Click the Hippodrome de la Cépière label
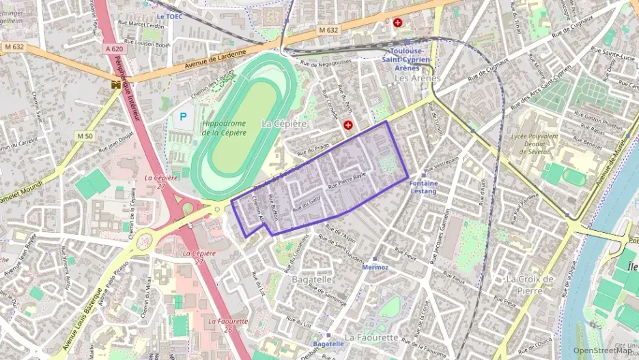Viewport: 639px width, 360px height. [x=224, y=128]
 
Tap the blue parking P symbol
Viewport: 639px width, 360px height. [x=183, y=117]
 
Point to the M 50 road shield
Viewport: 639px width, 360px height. [x=85, y=136]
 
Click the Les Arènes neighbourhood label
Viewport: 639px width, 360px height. [x=417, y=79]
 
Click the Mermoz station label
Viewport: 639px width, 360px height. [x=375, y=267]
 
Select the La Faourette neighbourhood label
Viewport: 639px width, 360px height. [x=371, y=337]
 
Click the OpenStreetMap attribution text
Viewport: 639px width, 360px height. [x=601, y=350]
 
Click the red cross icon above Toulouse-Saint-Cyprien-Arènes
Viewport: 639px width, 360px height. [x=397, y=23]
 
